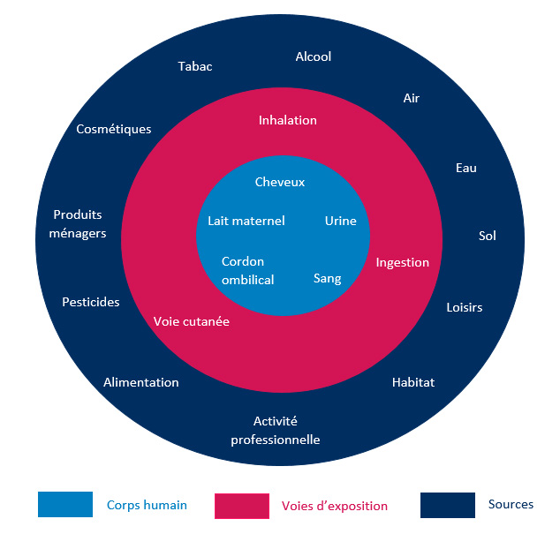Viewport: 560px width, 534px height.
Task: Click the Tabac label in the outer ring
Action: tap(195, 66)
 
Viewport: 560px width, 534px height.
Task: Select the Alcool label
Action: tap(313, 56)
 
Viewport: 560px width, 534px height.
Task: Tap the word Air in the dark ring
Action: tap(411, 98)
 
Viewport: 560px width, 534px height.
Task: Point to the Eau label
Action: tap(465, 168)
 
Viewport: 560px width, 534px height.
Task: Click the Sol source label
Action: tap(488, 236)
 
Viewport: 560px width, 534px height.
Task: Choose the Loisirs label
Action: tap(465, 307)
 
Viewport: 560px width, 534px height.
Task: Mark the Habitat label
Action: tap(413, 382)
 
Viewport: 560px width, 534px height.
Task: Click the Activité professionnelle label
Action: tap(275, 431)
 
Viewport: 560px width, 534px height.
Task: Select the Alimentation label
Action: tap(141, 382)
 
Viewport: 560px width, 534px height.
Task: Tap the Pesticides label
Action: tap(91, 302)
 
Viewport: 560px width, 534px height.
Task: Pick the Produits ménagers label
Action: tap(79, 224)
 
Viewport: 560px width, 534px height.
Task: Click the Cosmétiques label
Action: tap(114, 129)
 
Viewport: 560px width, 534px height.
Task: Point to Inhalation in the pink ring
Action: tap(287, 120)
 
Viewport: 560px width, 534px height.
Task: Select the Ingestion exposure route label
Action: tap(402, 262)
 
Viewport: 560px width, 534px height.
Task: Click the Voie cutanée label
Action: tap(192, 321)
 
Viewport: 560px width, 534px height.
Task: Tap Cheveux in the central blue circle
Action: tap(279, 182)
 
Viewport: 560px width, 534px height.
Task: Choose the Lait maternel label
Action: tap(246, 221)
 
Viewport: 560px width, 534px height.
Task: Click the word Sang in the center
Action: tap(327, 279)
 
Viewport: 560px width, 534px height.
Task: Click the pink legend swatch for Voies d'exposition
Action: tap(241, 506)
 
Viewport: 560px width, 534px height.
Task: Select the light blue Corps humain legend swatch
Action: tap(65, 504)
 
